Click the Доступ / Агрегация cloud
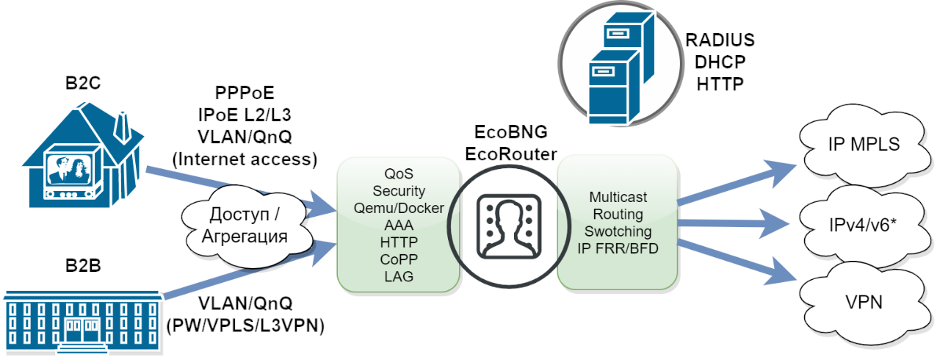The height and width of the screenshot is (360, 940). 247,226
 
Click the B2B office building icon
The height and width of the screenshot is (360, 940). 82,320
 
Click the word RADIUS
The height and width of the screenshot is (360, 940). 720,40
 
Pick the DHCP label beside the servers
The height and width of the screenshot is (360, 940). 720,62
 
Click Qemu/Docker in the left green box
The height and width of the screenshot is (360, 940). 399,208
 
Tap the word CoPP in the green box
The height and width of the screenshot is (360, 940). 399,259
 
